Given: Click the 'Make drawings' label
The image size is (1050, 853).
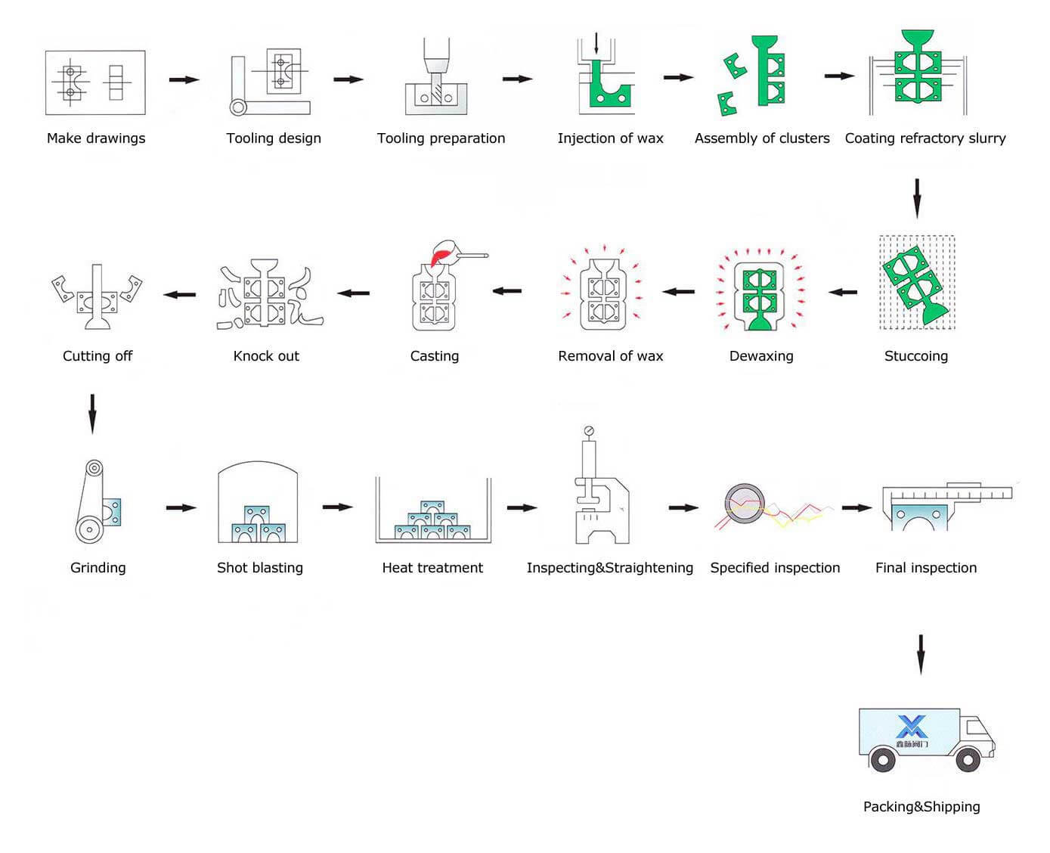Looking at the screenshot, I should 96,138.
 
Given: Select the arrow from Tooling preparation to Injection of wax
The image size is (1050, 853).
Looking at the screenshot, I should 518,79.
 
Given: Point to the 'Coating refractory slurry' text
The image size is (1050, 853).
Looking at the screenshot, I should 925,138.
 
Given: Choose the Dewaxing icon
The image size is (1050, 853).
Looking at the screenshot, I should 760,290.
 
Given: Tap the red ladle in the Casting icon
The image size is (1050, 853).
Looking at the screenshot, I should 441,253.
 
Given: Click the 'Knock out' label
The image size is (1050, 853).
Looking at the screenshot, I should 266,356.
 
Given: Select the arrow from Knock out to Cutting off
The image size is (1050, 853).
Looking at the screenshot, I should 180,294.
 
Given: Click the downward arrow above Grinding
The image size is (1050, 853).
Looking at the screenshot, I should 93,414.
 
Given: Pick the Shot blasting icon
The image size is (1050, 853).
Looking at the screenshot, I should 257,503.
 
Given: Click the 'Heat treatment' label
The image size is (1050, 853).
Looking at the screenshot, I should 432,568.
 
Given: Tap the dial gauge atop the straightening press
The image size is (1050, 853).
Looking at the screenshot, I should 589,432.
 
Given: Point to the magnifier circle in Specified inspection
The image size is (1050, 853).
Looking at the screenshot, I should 745,501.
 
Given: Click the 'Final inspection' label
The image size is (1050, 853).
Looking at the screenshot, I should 926,568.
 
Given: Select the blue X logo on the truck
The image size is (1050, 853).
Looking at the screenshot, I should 912,727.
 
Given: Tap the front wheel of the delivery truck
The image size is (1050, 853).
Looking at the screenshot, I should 968,759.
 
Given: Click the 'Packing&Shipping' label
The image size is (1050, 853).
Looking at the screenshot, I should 921,807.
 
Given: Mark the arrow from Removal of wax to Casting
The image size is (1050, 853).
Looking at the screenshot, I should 507,290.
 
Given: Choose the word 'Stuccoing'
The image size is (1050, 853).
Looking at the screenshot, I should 916,356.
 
